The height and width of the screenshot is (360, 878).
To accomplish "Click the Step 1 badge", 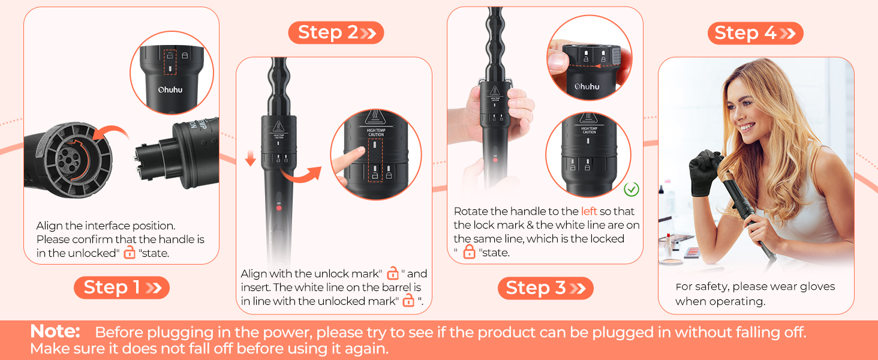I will (122, 287).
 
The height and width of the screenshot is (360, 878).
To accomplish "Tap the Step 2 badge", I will (336, 32).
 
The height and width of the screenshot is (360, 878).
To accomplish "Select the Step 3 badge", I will (545, 288).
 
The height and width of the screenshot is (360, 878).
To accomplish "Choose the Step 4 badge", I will (755, 33).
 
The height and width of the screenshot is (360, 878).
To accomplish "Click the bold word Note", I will (55, 331).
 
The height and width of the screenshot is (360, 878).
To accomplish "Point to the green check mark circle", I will (631, 190).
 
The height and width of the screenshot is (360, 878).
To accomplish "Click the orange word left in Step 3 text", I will (589, 211).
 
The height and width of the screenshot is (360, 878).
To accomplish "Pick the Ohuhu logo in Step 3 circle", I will (587, 86).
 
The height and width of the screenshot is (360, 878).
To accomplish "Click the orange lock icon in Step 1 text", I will (130, 253).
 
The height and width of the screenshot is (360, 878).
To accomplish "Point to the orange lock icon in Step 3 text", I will (470, 252).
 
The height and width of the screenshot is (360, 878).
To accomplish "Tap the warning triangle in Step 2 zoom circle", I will (375, 118).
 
